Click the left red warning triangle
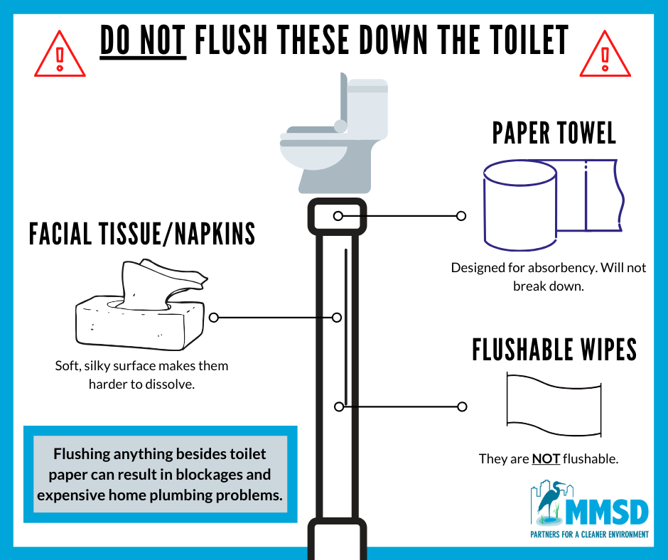click(x=60, y=55)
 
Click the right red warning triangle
click(x=605, y=55)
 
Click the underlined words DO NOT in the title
click(x=143, y=41)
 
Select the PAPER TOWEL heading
click(x=554, y=133)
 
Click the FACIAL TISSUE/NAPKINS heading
click(x=142, y=234)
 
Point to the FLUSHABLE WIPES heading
click(x=554, y=350)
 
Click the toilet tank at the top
click(x=367, y=109)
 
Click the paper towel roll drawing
click(x=554, y=205)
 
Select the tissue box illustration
click(x=141, y=305)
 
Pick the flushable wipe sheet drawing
click(x=554, y=404)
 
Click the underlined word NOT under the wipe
click(x=546, y=458)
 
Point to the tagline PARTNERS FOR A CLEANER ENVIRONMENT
click(x=589, y=534)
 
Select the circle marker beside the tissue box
click(x=214, y=318)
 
